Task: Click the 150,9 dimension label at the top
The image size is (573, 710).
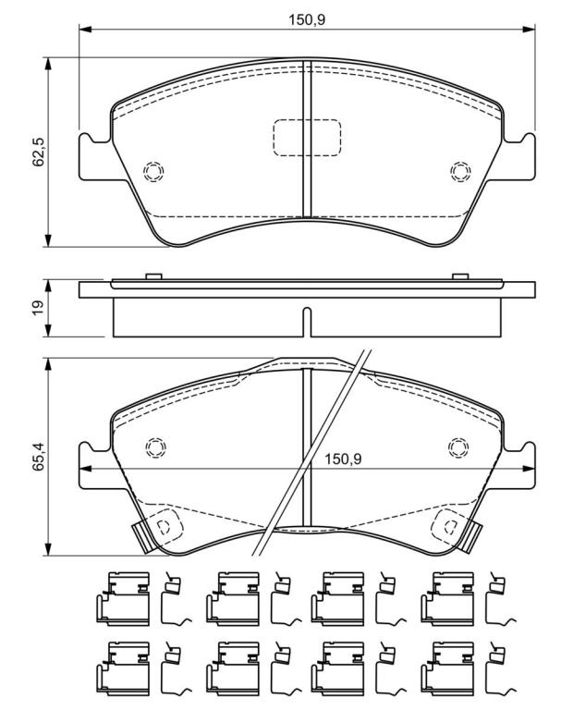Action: tap(308, 20)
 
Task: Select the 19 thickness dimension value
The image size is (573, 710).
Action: tap(39, 308)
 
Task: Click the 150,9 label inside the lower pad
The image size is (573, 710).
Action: tap(343, 459)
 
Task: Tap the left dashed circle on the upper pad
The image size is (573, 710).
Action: tap(153, 172)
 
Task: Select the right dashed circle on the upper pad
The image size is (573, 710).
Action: tap(460, 172)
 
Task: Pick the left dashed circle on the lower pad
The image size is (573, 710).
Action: tap(155, 447)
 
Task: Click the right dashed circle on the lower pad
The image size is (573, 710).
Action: tap(458, 447)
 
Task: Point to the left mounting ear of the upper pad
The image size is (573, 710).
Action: tap(95, 156)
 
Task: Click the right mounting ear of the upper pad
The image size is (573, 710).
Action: tap(518, 156)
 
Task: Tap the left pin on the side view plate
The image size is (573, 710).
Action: tap(154, 276)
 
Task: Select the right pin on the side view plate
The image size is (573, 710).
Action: tap(460, 276)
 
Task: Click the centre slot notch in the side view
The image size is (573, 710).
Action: tap(307, 323)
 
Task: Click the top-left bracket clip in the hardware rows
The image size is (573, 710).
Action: tap(123, 599)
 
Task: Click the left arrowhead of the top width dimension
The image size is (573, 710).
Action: tap(86, 30)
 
